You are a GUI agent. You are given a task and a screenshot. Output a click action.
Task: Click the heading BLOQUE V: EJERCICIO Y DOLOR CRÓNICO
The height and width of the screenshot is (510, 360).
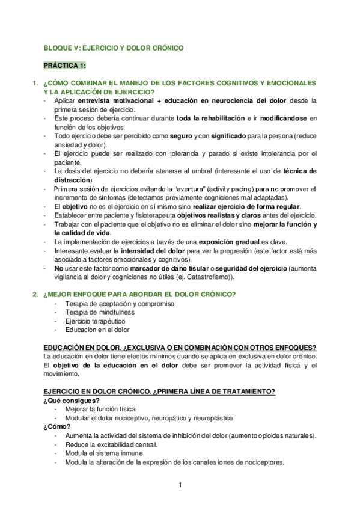tap(114, 47)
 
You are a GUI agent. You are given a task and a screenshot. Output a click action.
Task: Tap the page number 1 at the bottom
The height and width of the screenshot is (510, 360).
tap(180, 485)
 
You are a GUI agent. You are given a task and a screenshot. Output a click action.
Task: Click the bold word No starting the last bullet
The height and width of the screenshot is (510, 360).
tap(58, 268)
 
